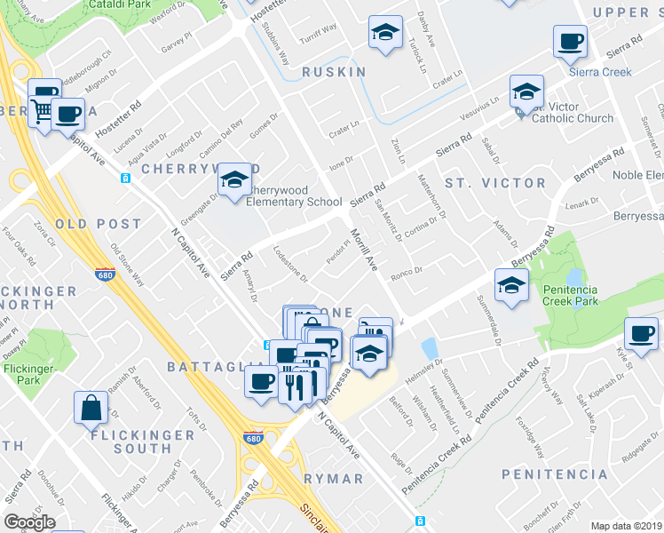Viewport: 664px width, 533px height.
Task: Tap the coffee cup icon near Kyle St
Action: [641, 333]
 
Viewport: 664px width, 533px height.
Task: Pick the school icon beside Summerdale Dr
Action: [512, 284]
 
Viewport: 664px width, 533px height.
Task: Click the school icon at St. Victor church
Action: [526, 91]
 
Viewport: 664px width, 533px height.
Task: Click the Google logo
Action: [29, 521]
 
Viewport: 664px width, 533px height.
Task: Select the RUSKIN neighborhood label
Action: [334, 72]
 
